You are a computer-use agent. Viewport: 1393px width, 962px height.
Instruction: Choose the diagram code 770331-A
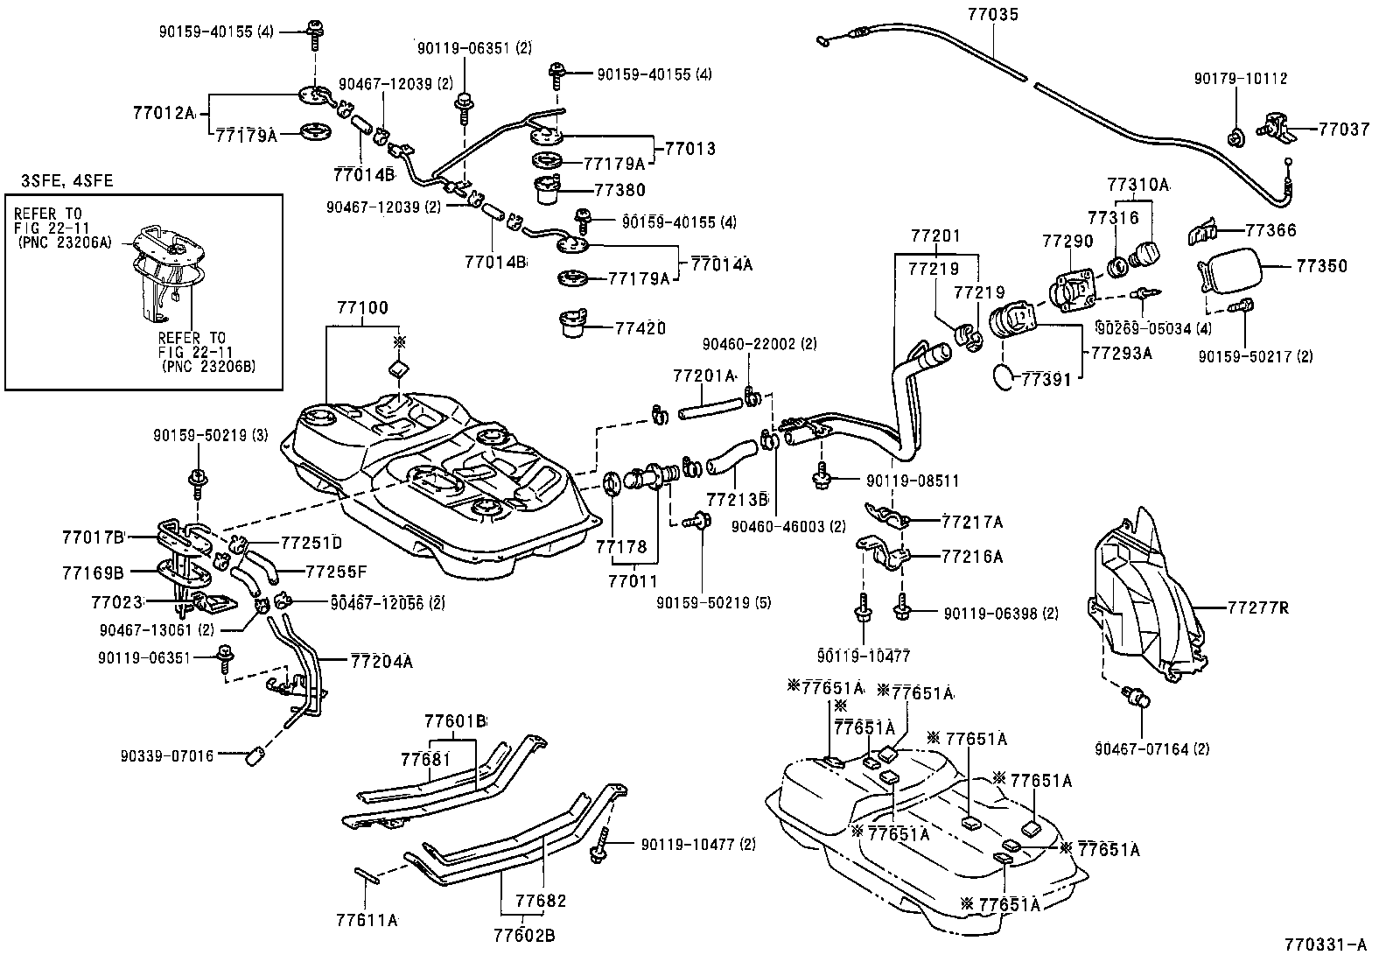click(1325, 944)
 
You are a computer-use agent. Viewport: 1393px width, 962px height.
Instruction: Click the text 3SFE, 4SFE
click(67, 181)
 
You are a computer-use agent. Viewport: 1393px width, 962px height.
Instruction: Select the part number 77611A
click(367, 920)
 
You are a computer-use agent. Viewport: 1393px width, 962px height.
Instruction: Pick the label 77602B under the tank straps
click(524, 936)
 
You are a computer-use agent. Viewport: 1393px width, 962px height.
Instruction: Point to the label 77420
click(640, 328)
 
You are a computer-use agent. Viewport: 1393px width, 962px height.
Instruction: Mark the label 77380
click(619, 190)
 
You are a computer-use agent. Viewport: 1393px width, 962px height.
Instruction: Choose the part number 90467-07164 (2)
click(1151, 748)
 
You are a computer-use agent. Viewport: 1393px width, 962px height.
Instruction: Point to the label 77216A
click(972, 557)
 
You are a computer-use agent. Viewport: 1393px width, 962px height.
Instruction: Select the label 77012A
click(164, 113)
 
